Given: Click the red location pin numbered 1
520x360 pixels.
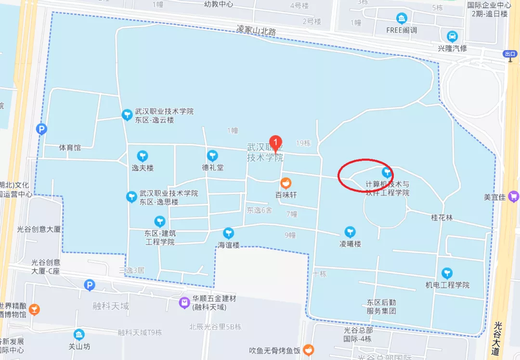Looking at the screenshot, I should pyautogui.click(x=275, y=142).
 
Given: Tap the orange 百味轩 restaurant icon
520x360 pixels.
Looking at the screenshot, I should pyautogui.click(x=286, y=183).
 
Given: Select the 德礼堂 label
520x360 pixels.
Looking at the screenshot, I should pyautogui.click(x=213, y=168).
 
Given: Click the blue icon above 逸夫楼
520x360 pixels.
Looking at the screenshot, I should pyautogui.click(x=142, y=156).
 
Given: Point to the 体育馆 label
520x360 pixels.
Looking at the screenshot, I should pyautogui.click(x=70, y=148).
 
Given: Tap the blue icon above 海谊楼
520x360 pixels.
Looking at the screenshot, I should pyautogui.click(x=229, y=233).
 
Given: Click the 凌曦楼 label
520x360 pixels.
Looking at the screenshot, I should pyautogui.click(x=350, y=244).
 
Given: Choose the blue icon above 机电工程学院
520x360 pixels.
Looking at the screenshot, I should pyautogui.click(x=447, y=273).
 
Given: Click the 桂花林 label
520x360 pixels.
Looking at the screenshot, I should pyautogui.click(x=442, y=218).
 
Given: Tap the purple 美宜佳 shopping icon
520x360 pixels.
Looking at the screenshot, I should pyautogui.click(x=513, y=196).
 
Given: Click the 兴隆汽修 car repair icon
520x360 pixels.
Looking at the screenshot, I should pyautogui.click(x=452, y=37).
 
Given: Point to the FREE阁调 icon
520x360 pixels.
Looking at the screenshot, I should pyautogui.click(x=402, y=19).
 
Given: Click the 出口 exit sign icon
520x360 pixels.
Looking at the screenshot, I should pyautogui.click(x=510, y=54).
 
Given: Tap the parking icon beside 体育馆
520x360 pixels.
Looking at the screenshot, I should pyautogui.click(x=42, y=129).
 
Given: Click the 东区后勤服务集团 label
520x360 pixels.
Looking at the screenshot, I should pyautogui.click(x=381, y=307).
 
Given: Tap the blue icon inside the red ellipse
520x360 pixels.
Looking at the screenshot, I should pyautogui.click(x=387, y=172).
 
